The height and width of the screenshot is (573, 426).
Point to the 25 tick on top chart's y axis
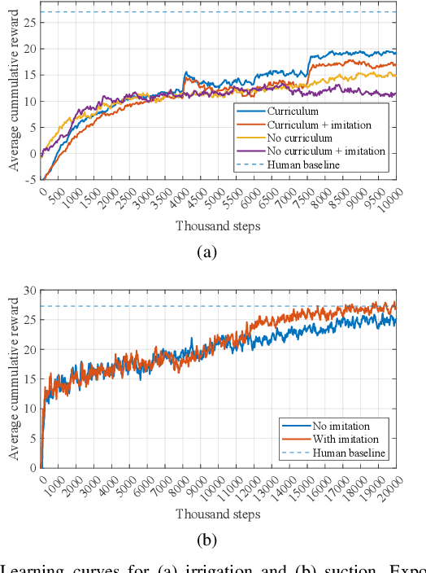(30, 22)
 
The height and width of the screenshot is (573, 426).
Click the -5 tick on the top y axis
(30, 180)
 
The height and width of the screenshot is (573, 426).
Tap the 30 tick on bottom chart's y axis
(30, 291)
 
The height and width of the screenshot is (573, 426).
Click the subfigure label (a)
(207, 252)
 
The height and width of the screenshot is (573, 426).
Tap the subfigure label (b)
(207, 540)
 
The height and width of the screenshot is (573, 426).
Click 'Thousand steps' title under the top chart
(218, 225)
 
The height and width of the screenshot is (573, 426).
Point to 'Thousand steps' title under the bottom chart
(218, 514)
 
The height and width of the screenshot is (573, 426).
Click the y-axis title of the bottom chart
(13, 378)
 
